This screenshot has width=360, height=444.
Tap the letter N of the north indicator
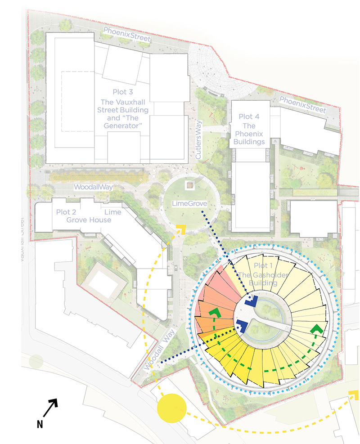[x=40, y=424]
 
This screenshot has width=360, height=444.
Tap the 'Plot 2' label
[x=66, y=212]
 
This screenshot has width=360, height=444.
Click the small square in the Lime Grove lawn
[x=190, y=184]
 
